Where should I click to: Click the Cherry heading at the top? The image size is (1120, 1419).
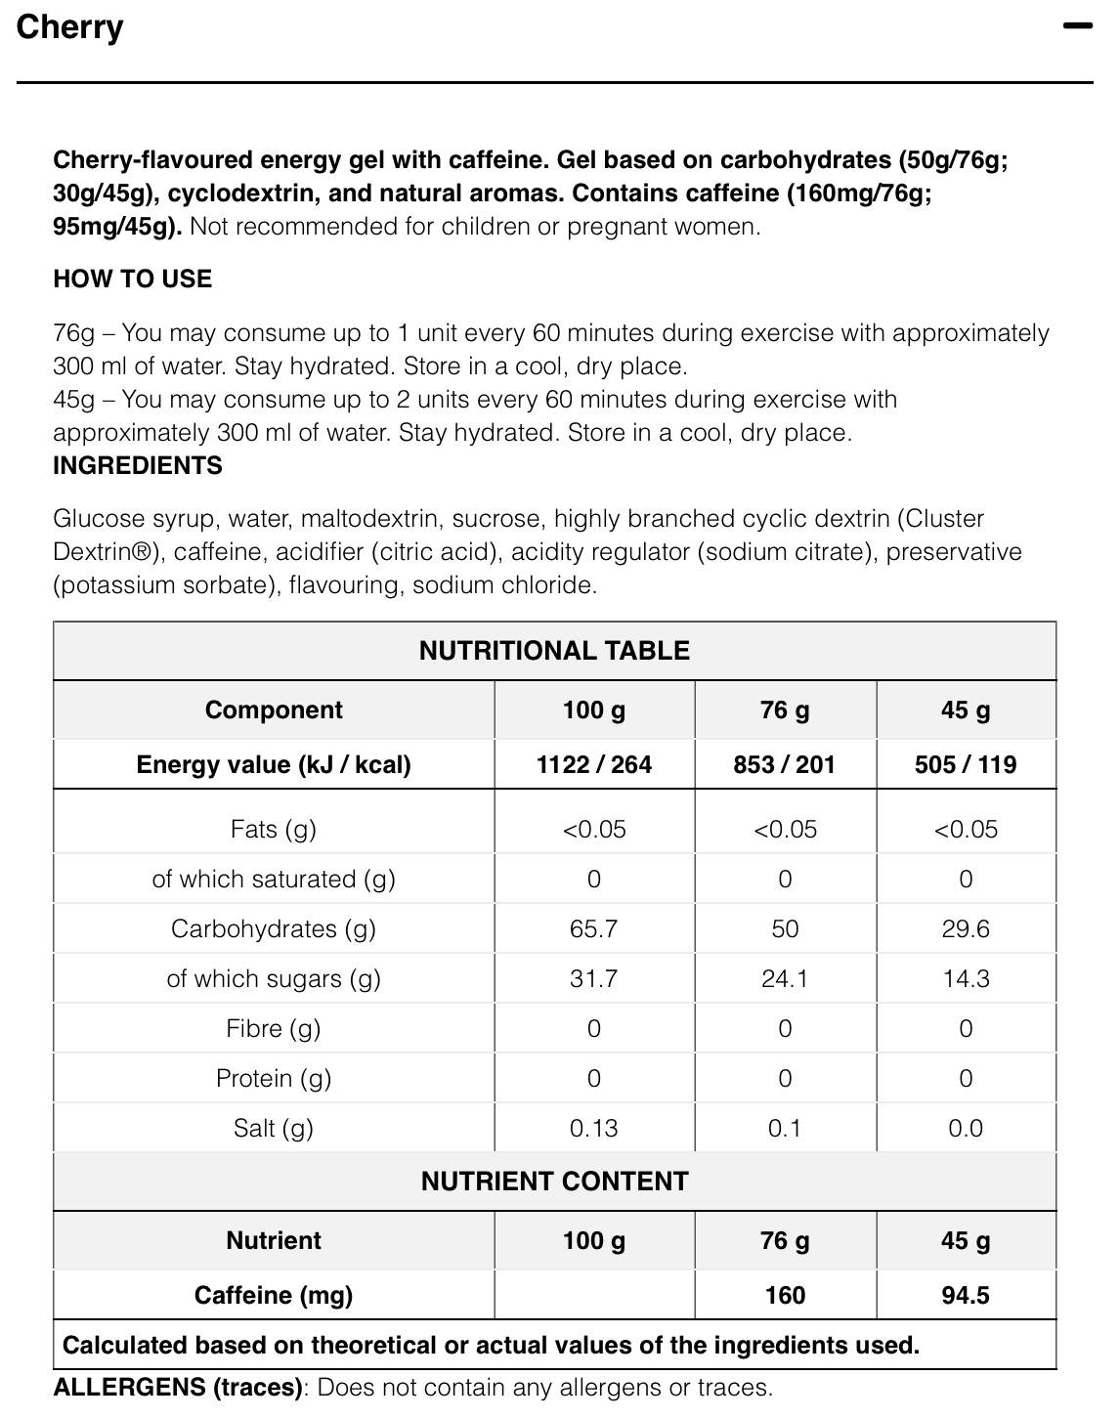(x=70, y=27)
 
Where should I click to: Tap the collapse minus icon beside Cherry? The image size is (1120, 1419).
(x=1077, y=26)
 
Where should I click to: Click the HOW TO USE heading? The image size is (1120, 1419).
(x=132, y=279)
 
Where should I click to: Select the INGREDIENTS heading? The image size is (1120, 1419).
(x=138, y=465)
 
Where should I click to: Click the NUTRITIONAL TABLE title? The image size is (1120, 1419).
(x=554, y=651)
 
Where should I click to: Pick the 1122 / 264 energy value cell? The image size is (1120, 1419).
(x=594, y=764)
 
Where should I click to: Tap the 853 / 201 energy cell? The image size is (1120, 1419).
(x=785, y=764)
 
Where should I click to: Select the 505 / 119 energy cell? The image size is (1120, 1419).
(x=966, y=764)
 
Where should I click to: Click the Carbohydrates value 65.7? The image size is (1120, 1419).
(x=594, y=928)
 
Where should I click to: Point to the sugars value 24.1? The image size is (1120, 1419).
(x=785, y=978)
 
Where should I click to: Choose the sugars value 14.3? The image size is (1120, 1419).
(x=966, y=978)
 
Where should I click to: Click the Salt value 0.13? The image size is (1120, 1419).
(x=594, y=1128)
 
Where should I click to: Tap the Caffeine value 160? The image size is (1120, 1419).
(x=785, y=1295)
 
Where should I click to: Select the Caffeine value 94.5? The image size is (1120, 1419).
(x=966, y=1295)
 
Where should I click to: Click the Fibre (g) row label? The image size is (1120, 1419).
(x=274, y=1028)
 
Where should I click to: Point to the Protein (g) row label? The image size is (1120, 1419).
(x=274, y=1078)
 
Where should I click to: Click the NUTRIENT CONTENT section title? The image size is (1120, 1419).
(x=554, y=1182)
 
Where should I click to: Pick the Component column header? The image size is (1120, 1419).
(x=274, y=709)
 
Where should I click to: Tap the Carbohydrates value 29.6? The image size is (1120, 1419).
(x=966, y=928)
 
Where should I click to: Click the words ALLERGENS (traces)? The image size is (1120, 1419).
(x=178, y=1387)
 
